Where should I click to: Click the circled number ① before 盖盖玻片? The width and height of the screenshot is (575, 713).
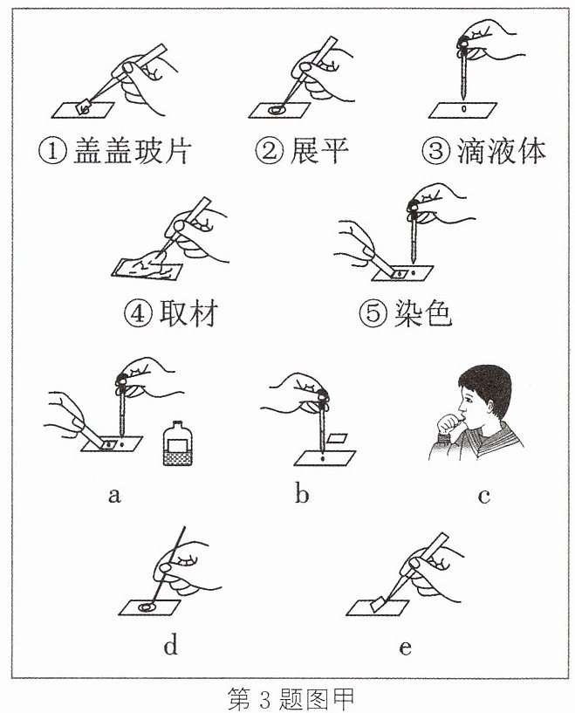(52, 151)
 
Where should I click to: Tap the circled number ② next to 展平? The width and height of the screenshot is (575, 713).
(270, 151)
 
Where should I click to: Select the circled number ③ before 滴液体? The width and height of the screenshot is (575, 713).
(436, 151)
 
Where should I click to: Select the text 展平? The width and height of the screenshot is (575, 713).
(319, 151)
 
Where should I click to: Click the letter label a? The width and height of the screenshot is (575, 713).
(114, 495)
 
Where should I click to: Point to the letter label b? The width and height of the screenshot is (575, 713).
(302, 492)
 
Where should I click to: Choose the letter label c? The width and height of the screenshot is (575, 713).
(484, 495)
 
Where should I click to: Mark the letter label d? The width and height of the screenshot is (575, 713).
(170, 644)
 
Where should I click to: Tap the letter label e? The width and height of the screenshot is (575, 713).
(405, 647)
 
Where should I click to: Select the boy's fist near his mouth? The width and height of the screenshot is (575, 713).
(448, 424)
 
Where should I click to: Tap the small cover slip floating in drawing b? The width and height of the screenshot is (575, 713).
(337, 438)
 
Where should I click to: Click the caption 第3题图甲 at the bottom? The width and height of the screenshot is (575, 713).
(291, 699)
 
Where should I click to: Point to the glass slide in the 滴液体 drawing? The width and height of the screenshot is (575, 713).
(462, 110)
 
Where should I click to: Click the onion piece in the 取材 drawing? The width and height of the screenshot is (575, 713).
(147, 267)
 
